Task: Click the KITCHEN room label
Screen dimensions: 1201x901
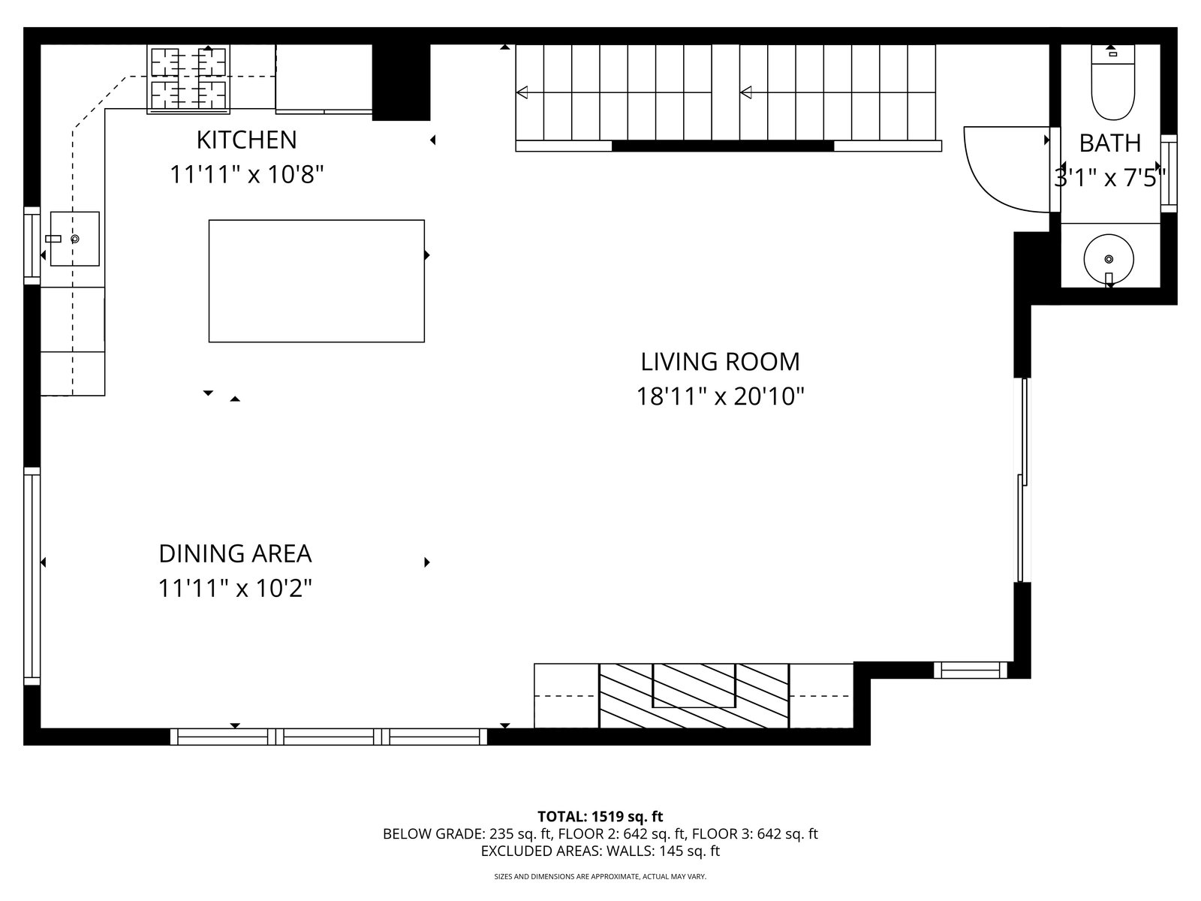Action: pyautogui.click(x=246, y=140)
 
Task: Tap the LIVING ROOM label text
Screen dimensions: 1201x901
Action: pyautogui.click(x=720, y=362)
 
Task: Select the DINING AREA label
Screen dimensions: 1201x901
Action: pyautogui.click(x=235, y=554)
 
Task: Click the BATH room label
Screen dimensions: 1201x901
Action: pyautogui.click(x=1109, y=143)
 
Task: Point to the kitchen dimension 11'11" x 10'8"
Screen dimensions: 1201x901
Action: pyautogui.click(x=247, y=175)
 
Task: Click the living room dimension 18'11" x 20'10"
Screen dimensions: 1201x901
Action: pyautogui.click(x=720, y=396)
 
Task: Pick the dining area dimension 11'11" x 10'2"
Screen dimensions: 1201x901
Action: pyautogui.click(x=235, y=589)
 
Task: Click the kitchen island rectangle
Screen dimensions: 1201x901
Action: pyautogui.click(x=316, y=281)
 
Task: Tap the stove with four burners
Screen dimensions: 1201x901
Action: pyautogui.click(x=188, y=79)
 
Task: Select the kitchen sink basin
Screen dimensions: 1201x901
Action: pyautogui.click(x=75, y=239)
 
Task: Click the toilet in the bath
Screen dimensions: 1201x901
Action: pyautogui.click(x=1113, y=82)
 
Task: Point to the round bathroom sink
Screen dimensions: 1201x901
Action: pyautogui.click(x=1109, y=259)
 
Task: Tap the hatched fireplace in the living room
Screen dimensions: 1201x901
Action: pyautogui.click(x=694, y=695)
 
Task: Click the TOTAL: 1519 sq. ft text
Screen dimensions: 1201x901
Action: pyautogui.click(x=600, y=817)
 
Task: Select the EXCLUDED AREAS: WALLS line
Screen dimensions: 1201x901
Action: pyautogui.click(x=600, y=851)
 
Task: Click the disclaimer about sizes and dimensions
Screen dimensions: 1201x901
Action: pyautogui.click(x=600, y=877)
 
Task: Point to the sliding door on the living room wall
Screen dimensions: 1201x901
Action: pyautogui.click(x=1022, y=480)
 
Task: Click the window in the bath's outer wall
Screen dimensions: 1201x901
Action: pyautogui.click(x=1169, y=173)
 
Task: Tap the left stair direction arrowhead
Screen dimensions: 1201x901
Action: pyautogui.click(x=522, y=92)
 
